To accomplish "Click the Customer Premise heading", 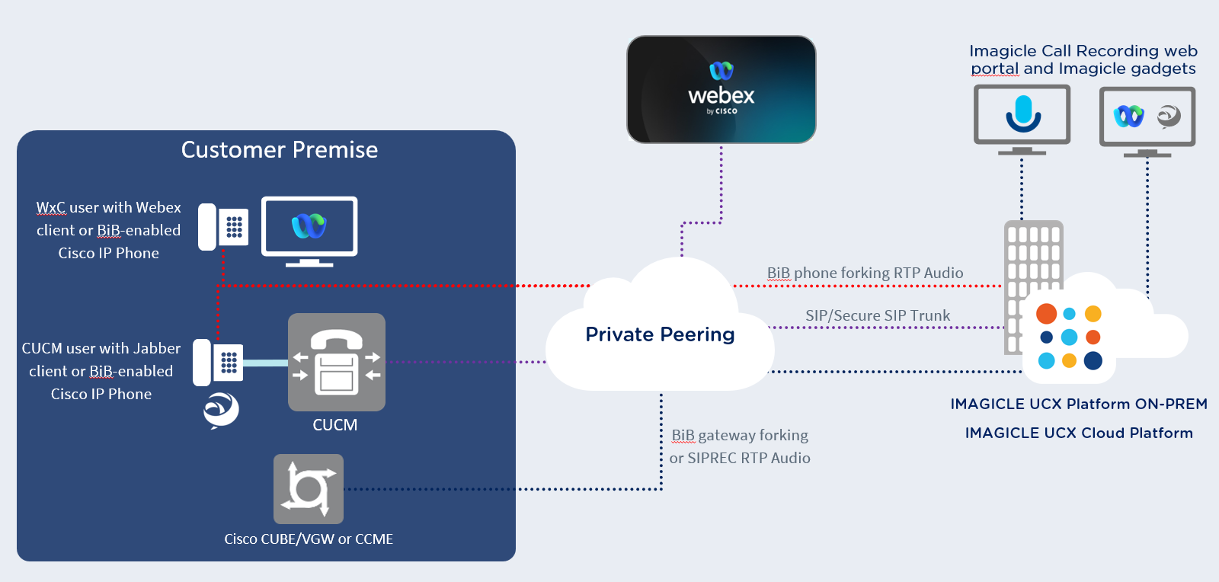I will click(280, 150).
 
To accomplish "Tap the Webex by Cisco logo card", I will click(721, 90).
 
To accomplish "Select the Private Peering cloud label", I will click(660, 334).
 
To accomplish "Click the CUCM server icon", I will click(336, 363).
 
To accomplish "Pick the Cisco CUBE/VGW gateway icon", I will click(309, 489).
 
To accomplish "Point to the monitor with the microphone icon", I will click(1022, 116).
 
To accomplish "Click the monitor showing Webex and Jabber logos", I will click(1147, 118).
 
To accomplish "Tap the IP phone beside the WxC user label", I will click(223, 226).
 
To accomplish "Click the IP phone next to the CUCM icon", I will click(218, 363).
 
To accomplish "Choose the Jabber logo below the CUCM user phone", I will click(221, 410).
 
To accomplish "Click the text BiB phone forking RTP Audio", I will click(865, 273).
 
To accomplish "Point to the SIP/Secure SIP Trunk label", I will click(878, 315).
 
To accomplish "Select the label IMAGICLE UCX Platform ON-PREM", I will click(1079, 404).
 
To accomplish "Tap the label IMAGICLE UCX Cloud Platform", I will click(1079, 433).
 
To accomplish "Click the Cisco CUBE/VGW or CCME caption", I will click(309, 539).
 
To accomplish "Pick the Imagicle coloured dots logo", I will click(1070, 337).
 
